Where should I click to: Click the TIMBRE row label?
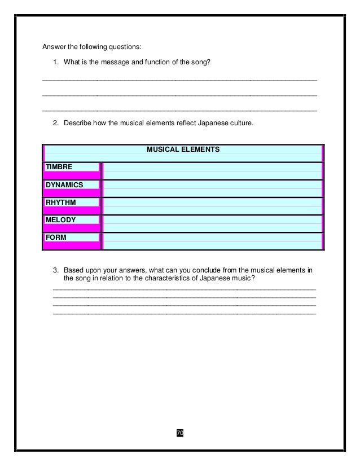click(x=59, y=167)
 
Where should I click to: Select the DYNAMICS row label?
click(x=64, y=184)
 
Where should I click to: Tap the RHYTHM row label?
click(x=61, y=202)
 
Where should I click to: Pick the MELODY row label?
click(x=61, y=219)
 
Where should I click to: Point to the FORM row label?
click(x=56, y=238)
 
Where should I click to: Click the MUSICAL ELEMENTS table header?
click(x=183, y=150)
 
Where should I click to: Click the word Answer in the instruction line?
click(x=55, y=46)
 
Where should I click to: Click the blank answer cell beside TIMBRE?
click(x=212, y=170)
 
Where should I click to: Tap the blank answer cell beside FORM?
click(x=212, y=240)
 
